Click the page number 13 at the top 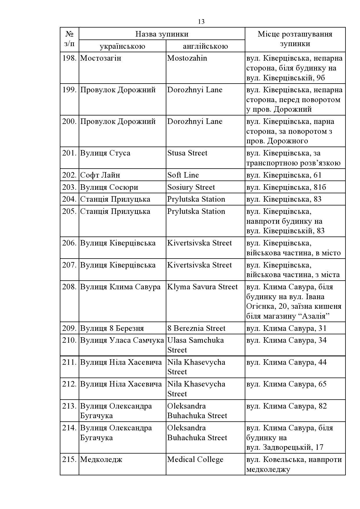pyautogui.click(x=201, y=22)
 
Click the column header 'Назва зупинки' pyautogui.click(x=162, y=34)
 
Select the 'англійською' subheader pyautogui.click(x=205, y=46)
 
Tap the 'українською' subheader pyautogui.click(x=122, y=46)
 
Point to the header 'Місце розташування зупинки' pyautogui.click(x=295, y=39)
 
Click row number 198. pyautogui.click(x=69, y=58)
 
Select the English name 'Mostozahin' pyautogui.click(x=187, y=58)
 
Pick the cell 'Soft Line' pyautogui.click(x=183, y=175)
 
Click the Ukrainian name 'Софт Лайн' pyautogui.click(x=100, y=175)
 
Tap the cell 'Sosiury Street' pyautogui.click(x=191, y=187)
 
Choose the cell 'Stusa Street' pyautogui.click(x=187, y=153)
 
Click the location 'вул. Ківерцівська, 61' pyautogui.click(x=284, y=175)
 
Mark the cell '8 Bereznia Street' pyautogui.click(x=196, y=328)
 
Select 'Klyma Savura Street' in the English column pyautogui.click(x=202, y=287)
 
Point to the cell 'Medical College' pyautogui.click(x=195, y=459)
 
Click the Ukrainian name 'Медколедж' pyautogui.click(x=101, y=459)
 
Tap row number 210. pyautogui.click(x=69, y=340)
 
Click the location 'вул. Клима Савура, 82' pyautogui.click(x=287, y=406)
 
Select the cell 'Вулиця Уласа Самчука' pyautogui.click(x=122, y=340)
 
